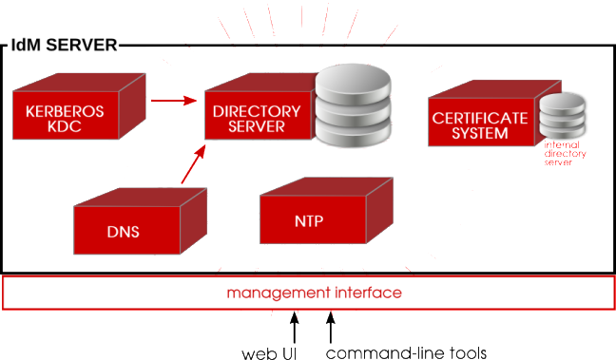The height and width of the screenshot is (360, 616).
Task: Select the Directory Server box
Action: point(255,119)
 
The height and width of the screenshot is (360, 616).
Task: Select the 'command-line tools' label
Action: point(407,353)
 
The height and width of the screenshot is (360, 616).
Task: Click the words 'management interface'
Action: point(314,293)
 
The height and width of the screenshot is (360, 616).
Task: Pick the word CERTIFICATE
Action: point(480,118)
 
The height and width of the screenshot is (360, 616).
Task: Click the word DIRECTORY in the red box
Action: point(256,111)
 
